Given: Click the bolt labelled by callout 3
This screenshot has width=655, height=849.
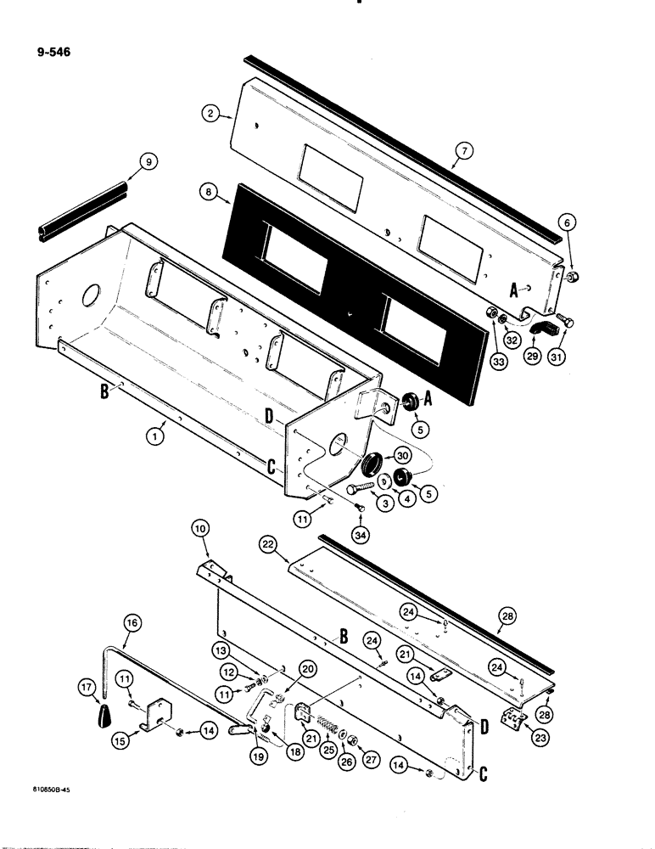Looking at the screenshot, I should (x=362, y=486).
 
